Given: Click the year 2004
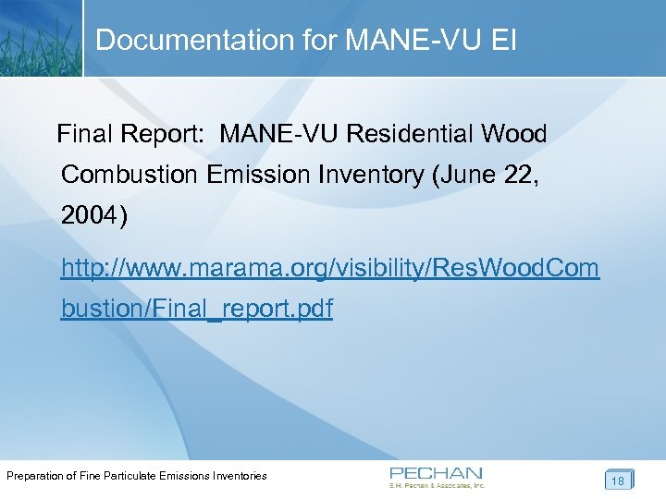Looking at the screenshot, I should pyautogui.click(x=90, y=217).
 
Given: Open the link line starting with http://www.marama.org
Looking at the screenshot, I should pyautogui.click(x=329, y=269).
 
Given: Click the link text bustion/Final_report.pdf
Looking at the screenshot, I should pyautogui.click(x=196, y=310).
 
